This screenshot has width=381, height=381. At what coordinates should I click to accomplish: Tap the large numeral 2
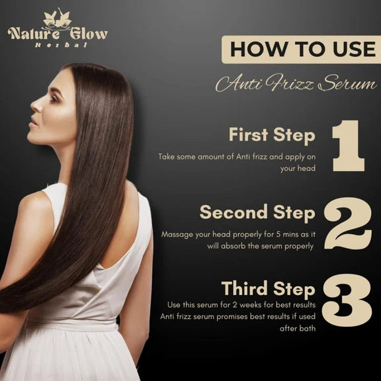(x=348, y=224)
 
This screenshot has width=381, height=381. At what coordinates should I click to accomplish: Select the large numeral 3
(x=347, y=300)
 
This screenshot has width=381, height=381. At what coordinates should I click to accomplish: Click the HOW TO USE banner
(x=302, y=50)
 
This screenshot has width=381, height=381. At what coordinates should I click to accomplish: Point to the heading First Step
(x=272, y=136)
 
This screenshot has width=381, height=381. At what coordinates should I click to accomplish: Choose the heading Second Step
(x=257, y=213)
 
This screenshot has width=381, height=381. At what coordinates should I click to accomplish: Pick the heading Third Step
(x=269, y=289)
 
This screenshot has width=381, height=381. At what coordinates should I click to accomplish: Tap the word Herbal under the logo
(x=61, y=45)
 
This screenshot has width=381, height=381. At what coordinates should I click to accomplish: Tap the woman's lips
(x=34, y=122)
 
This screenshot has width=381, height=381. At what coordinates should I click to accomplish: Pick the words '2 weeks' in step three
(x=247, y=305)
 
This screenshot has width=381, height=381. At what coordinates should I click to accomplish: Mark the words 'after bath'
(x=298, y=329)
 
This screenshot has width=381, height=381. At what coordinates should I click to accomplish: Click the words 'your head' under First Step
(x=298, y=169)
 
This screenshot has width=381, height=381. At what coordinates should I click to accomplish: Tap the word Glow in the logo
(x=89, y=34)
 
